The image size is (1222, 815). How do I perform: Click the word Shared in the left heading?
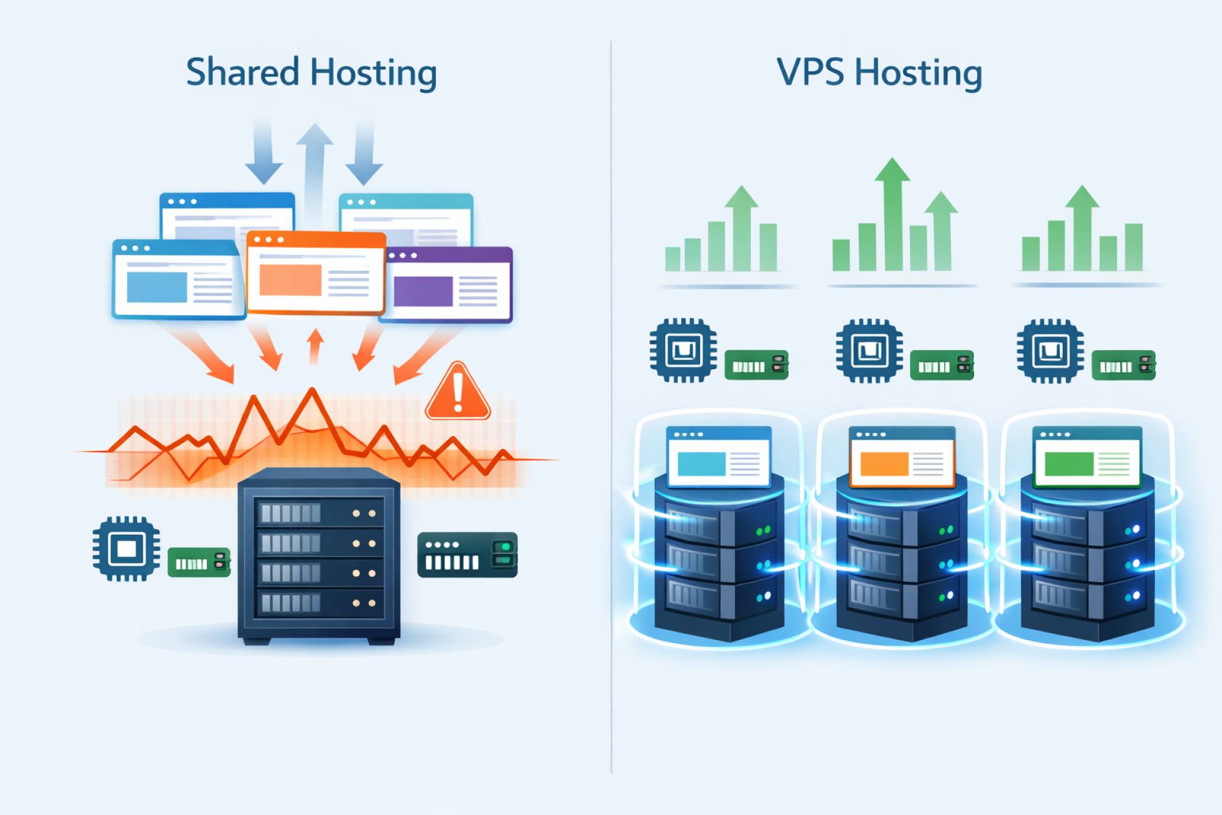pyautogui.click(x=242, y=72)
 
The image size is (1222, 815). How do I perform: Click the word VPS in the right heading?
pyautogui.click(x=810, y=72)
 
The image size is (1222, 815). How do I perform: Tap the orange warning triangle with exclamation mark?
pyautogui.click(x=458, y=392)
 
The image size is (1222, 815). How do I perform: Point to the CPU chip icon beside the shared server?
pyautogui.click(x=126, y=548)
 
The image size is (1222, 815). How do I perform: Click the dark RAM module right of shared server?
pyautogui.click(x=467, y=555)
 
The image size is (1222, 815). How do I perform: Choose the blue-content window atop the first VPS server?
pyautogui.click(x=719, y=457)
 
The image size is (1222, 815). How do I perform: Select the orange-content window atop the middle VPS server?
pyautogui.click(x=902, y=457)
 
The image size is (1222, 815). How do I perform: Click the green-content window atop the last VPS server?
pyautogui.click(x=1086, y=457)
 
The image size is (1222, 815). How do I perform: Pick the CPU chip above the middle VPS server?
pyautogui.click(x=869, y=351)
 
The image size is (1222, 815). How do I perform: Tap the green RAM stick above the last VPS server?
pyautogui.click(x=1123, y=365)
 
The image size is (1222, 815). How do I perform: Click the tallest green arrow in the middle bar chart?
pyautogui.click(x=892, y=210)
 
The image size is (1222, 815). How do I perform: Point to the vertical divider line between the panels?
pyautogui.click(x=611, y=407)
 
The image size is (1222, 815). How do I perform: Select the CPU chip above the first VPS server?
pyautogui.click(x=683, y=350)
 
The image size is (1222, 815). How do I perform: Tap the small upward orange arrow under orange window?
pyautogui.click(x=315, y=346)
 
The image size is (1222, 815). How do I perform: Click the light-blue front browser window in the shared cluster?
pyautogui.click(x=178, y=280)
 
